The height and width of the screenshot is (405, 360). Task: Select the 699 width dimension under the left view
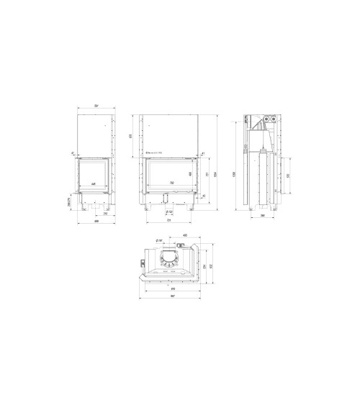tap(95, 222)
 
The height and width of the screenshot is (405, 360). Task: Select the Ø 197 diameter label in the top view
tap(158, 240)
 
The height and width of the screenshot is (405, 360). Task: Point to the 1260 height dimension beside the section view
tap(233, 175)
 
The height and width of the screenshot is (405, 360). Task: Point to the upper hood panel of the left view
tap(95, 135)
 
